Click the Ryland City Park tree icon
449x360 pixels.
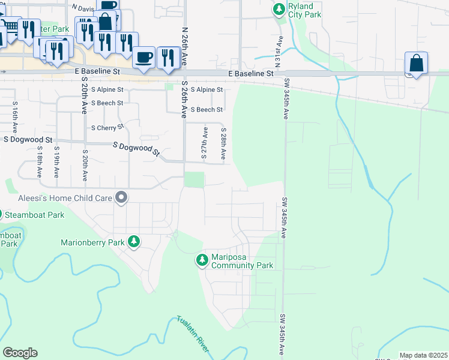[279, 9]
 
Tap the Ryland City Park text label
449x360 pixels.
[304, 10]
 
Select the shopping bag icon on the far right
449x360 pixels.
[416, 62]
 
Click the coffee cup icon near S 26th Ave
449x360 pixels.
[143, 57]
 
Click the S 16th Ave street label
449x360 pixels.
[14, 118]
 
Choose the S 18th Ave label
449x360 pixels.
[39, 162]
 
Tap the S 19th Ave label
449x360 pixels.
[56, 162]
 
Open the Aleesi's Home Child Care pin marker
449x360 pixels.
[122, 197]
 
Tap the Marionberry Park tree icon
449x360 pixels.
[134, 242]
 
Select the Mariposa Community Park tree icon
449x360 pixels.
[202, 260]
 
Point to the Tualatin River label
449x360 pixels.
[193, 335]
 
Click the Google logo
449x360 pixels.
[20, 353]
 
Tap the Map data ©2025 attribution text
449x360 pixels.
[423, 355]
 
